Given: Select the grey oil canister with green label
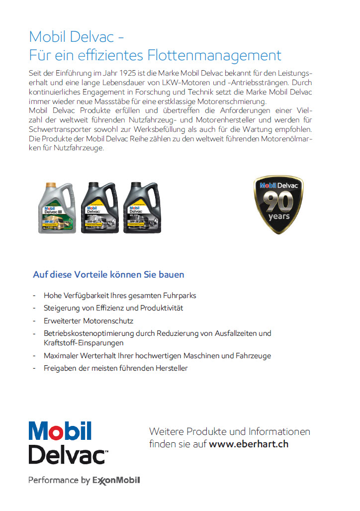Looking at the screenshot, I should click(58, 210).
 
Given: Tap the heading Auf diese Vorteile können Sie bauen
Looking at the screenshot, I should click(108, 275).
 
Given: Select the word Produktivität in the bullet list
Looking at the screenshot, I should click(162, 308).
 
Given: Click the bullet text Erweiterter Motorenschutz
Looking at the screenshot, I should click(89, 321).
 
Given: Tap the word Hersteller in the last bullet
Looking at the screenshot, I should click(171, 368).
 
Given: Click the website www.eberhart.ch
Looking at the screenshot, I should click(249, 444).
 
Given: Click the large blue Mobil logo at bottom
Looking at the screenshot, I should click(60, 431).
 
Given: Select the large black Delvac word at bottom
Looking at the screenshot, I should click(67, 454).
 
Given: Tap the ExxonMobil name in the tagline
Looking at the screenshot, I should click(116, 480).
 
